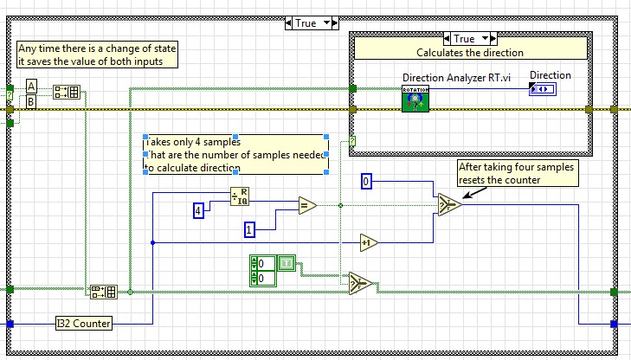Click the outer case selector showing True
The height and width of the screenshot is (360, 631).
coord(312,23)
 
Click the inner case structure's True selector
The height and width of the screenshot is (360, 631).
coord(469,38)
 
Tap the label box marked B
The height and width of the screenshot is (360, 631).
coord(31,102)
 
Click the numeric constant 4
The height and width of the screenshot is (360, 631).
coord(198,209)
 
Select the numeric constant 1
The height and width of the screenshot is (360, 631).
coord(248,230)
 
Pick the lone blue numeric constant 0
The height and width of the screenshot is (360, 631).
coord(366,181)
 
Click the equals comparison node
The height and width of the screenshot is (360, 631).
coord(306,205)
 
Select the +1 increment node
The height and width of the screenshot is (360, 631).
coord(370,242)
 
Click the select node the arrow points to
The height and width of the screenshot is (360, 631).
coord(448,204)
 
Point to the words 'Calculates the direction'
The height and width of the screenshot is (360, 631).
coord(470,53)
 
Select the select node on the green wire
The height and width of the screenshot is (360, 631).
coord(362,284)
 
